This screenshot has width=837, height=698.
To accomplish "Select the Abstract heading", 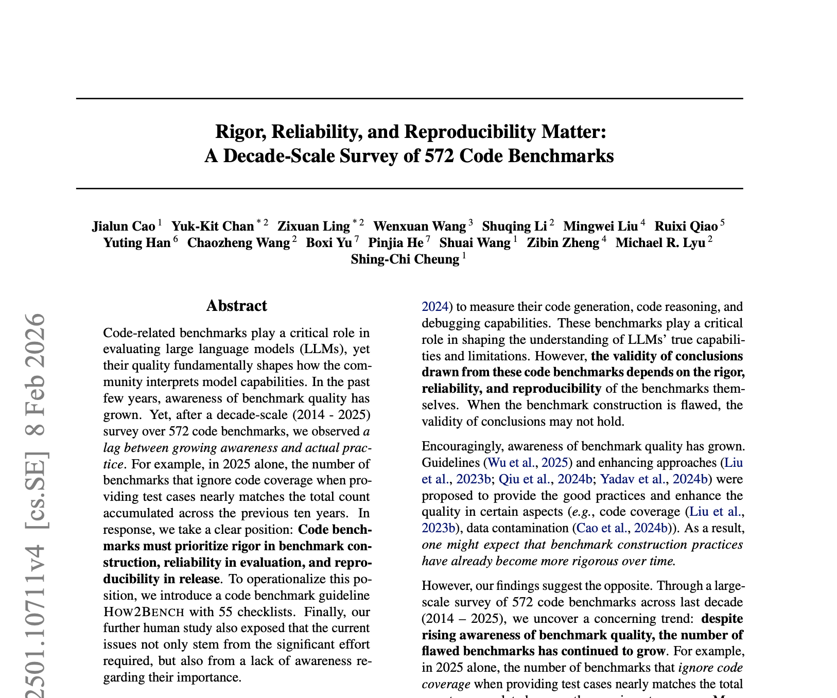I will pos(236,306).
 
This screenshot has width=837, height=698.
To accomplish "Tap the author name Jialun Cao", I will pos(124,226).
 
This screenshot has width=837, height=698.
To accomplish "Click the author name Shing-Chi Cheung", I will pos(405,259).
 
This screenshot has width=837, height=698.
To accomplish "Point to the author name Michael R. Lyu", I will pos(660,242).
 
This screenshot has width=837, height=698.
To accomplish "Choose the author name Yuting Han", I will pos(137,242).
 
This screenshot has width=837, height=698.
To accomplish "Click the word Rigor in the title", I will pos(240,132).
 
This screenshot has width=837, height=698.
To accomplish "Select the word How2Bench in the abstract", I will pos(144,612).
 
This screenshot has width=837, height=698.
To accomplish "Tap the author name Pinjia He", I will pos(396,242).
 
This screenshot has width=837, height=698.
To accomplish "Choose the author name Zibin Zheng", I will pos(563,242).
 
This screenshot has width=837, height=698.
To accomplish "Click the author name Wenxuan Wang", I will pos(419,226).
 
